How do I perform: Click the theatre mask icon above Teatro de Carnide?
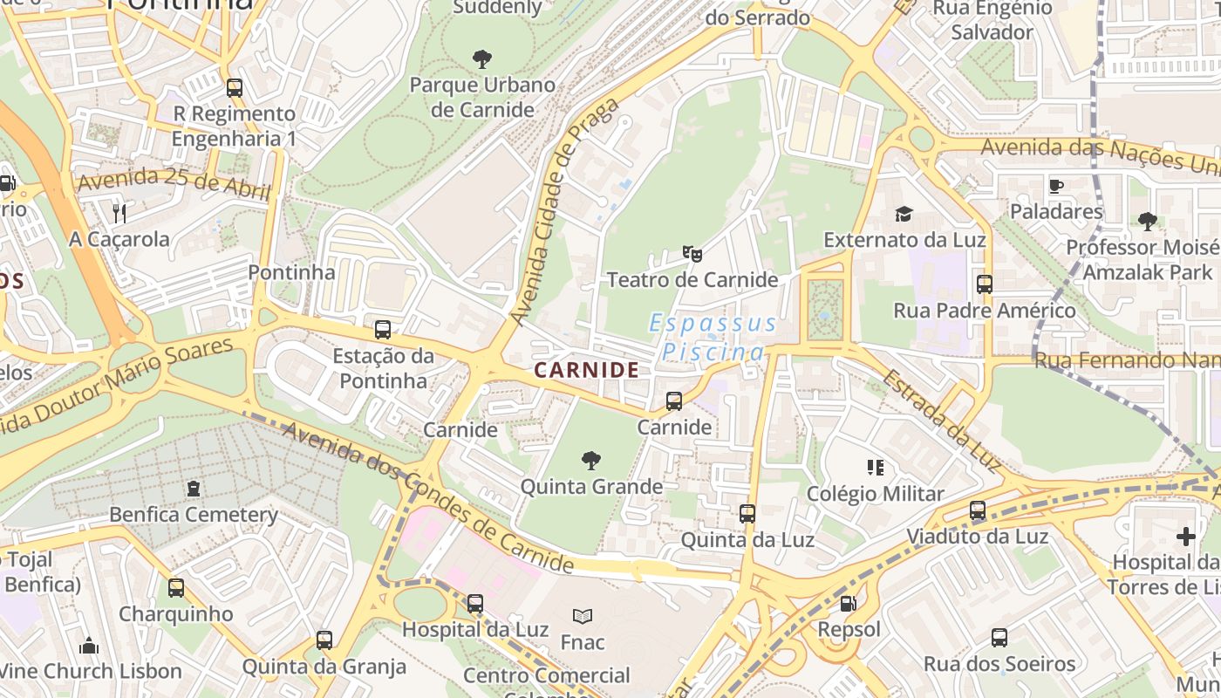tap(692, 254)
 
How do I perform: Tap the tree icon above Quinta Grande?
tap(591, 460)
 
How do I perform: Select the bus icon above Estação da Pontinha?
tap(382, 330)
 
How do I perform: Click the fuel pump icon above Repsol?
tap(848, 603)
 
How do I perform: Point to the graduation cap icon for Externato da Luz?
tap(904, 214)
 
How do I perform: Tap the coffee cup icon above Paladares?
tap(1055, 185)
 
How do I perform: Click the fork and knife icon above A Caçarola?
tap(119, 213)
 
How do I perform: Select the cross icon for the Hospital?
tap(1185, 536)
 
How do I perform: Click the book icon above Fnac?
tap(582, 616)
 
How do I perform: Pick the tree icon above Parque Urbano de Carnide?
tap(481, 59)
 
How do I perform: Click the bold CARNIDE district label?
tap(587, 370)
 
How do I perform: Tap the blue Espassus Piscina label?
tap(713, 338)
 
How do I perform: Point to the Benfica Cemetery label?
tap(194, 514)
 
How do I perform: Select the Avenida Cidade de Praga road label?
tap(565, 211)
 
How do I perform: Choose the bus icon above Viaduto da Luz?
tap(978, 510)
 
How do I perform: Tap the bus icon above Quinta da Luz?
tap(747, 514)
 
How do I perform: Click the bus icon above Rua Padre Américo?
tap(985, 284)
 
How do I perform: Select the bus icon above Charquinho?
tap(176, 587)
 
